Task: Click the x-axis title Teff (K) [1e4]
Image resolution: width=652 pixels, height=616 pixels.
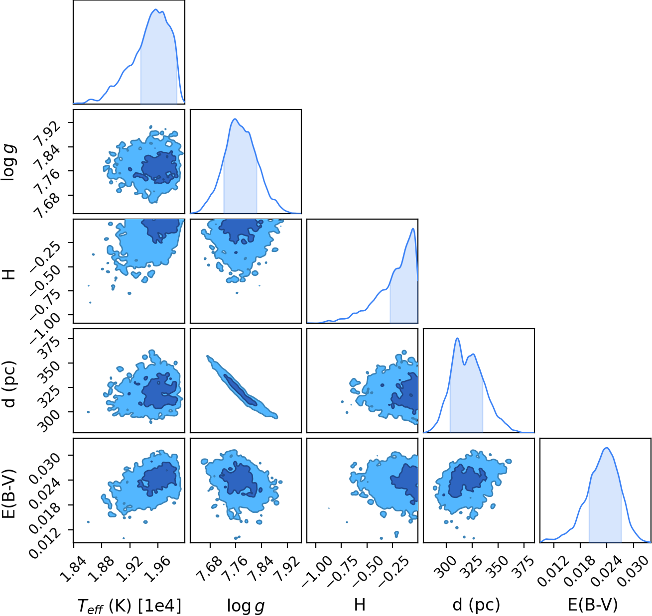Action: click(129, 605)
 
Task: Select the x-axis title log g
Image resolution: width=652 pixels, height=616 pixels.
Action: click(246, 606)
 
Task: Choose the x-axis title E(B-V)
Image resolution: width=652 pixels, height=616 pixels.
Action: click(593, 605)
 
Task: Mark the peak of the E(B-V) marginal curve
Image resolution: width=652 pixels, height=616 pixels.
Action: click(607, 448)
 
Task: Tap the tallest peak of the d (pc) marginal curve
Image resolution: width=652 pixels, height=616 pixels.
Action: click(457, 338)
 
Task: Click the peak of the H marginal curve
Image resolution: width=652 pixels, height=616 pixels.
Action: click(413, 229)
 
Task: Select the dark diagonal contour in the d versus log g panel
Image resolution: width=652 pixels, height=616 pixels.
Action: click(240, 390)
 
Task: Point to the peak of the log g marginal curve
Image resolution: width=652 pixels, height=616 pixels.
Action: click(235, 119)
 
